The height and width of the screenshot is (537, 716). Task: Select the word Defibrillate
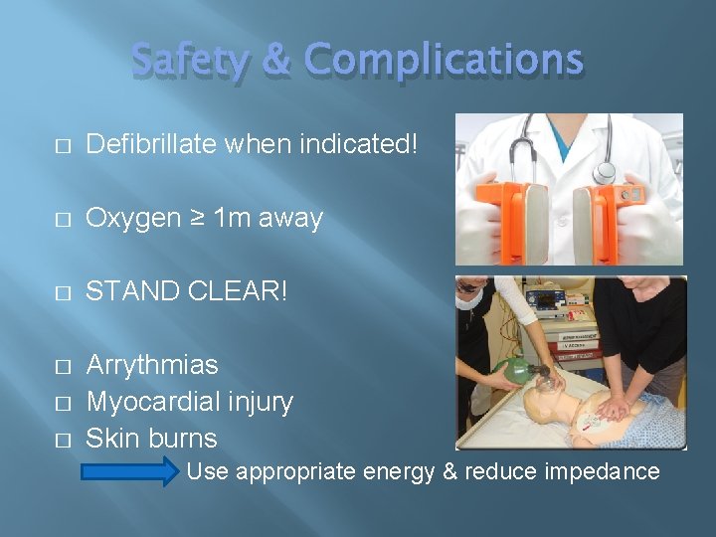(151, 145)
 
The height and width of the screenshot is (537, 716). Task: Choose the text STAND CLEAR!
(186, 291)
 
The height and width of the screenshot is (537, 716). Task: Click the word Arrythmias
(152, 365)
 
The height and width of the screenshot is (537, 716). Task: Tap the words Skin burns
(151, 438)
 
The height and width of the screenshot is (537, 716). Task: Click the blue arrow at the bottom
(127, 471)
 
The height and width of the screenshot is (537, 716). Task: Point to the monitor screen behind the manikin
(549, 298)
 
